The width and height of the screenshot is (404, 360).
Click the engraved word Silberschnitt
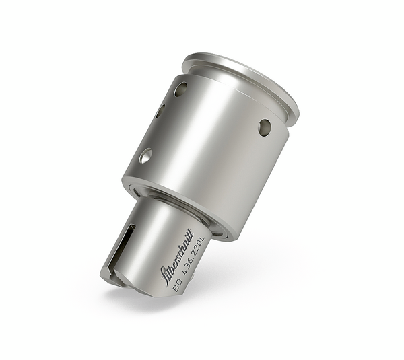point(177,256)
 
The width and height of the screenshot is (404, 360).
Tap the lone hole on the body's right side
point(265,127)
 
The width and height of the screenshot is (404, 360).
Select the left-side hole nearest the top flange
point(180,89)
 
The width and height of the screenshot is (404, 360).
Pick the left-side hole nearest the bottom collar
point(145,156)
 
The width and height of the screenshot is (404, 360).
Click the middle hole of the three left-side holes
point(160,111)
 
